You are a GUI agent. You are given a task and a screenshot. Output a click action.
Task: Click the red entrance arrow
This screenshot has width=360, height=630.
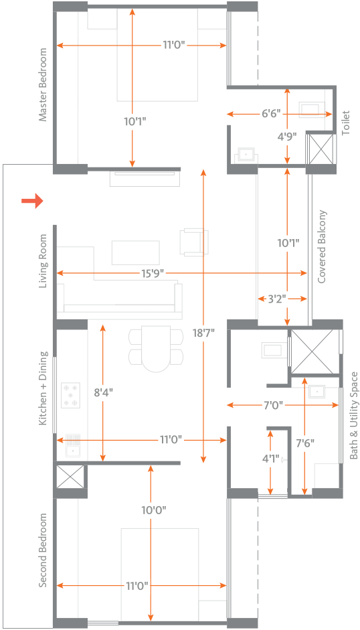32,201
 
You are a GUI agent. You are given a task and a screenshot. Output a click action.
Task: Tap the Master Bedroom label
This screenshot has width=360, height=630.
43,84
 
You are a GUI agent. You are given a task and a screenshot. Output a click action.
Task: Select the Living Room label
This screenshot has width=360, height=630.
43,262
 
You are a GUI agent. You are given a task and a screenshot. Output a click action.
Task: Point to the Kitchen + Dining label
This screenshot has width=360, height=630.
43,388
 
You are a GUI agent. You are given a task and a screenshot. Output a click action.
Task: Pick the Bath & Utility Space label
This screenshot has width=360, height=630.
353,416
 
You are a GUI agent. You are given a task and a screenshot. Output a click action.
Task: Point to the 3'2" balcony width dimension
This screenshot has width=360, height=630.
276,299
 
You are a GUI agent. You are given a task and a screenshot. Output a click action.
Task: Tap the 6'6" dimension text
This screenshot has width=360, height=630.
271,114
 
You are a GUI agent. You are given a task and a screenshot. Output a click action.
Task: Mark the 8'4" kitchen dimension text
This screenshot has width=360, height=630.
103,392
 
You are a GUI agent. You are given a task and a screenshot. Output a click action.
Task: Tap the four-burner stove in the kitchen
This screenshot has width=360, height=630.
70,395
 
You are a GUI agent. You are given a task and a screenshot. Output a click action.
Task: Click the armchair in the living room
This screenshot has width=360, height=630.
195,242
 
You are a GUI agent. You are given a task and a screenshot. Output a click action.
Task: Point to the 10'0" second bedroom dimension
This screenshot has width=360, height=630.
154,510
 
